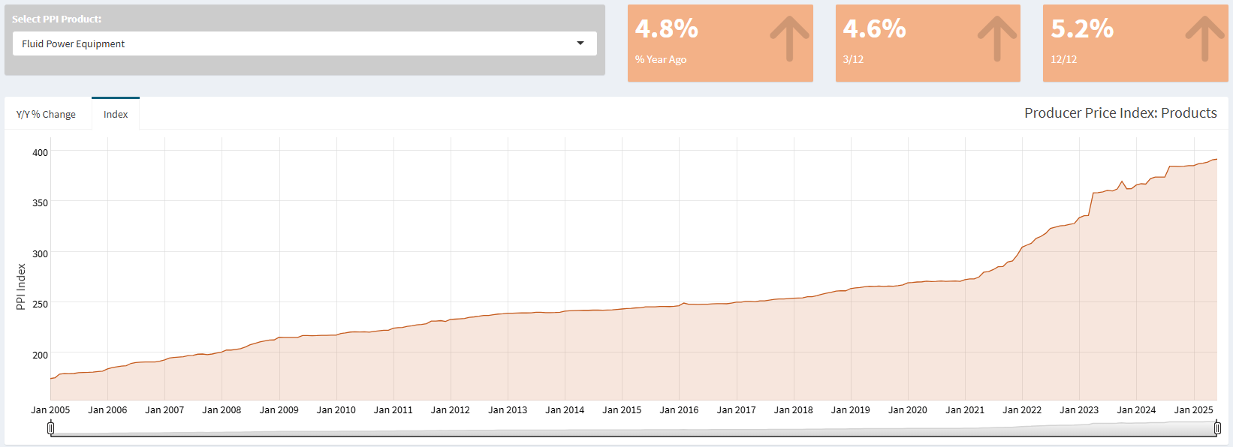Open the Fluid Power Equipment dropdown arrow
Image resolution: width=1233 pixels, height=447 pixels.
click(580, 43)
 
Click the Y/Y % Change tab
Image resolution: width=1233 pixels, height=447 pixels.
click(46, 114)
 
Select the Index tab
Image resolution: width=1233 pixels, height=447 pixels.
click(116, 114)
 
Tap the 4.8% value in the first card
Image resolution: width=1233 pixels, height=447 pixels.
click(667, 28)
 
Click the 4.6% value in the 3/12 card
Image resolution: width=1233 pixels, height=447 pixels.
click(874, 28)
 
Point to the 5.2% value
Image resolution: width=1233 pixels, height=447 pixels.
click(1082, 28)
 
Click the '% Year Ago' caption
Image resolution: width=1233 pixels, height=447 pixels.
click(661, 59)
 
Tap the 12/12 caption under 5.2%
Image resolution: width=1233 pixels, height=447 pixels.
click(1063, 59)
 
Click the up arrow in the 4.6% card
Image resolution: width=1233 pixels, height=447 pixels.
click(997, 38)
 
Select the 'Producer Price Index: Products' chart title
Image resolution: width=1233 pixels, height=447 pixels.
click(1120, 112)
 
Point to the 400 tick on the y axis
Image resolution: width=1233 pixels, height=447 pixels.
click(40, 152)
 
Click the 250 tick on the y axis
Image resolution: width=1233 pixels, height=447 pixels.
click(40, 304)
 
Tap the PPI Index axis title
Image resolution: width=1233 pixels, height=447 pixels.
click(21, 286)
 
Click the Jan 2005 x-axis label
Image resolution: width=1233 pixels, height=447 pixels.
click(50, 409)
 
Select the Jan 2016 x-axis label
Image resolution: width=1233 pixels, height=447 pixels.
click(679, 409)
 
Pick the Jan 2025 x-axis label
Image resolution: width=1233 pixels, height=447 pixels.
click(1193, 409)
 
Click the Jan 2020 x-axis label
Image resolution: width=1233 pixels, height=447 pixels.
click(907, 409)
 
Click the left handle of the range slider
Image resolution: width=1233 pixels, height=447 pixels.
click(50, 427)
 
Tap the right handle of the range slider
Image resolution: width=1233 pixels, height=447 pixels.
click(1217, 427)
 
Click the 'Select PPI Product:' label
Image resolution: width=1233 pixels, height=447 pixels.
click(56, 19)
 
